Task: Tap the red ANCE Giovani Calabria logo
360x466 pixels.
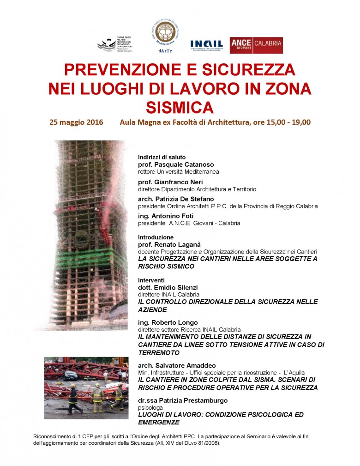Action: [256, 45]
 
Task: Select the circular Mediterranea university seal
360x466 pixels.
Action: [166, 32]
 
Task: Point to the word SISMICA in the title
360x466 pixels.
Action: [180, 107]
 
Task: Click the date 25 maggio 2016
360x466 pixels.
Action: [77, 122]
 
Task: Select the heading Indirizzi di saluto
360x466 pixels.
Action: [162, 157]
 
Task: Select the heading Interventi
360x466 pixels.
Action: [151, 280]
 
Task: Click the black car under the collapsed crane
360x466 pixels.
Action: [70, 375]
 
